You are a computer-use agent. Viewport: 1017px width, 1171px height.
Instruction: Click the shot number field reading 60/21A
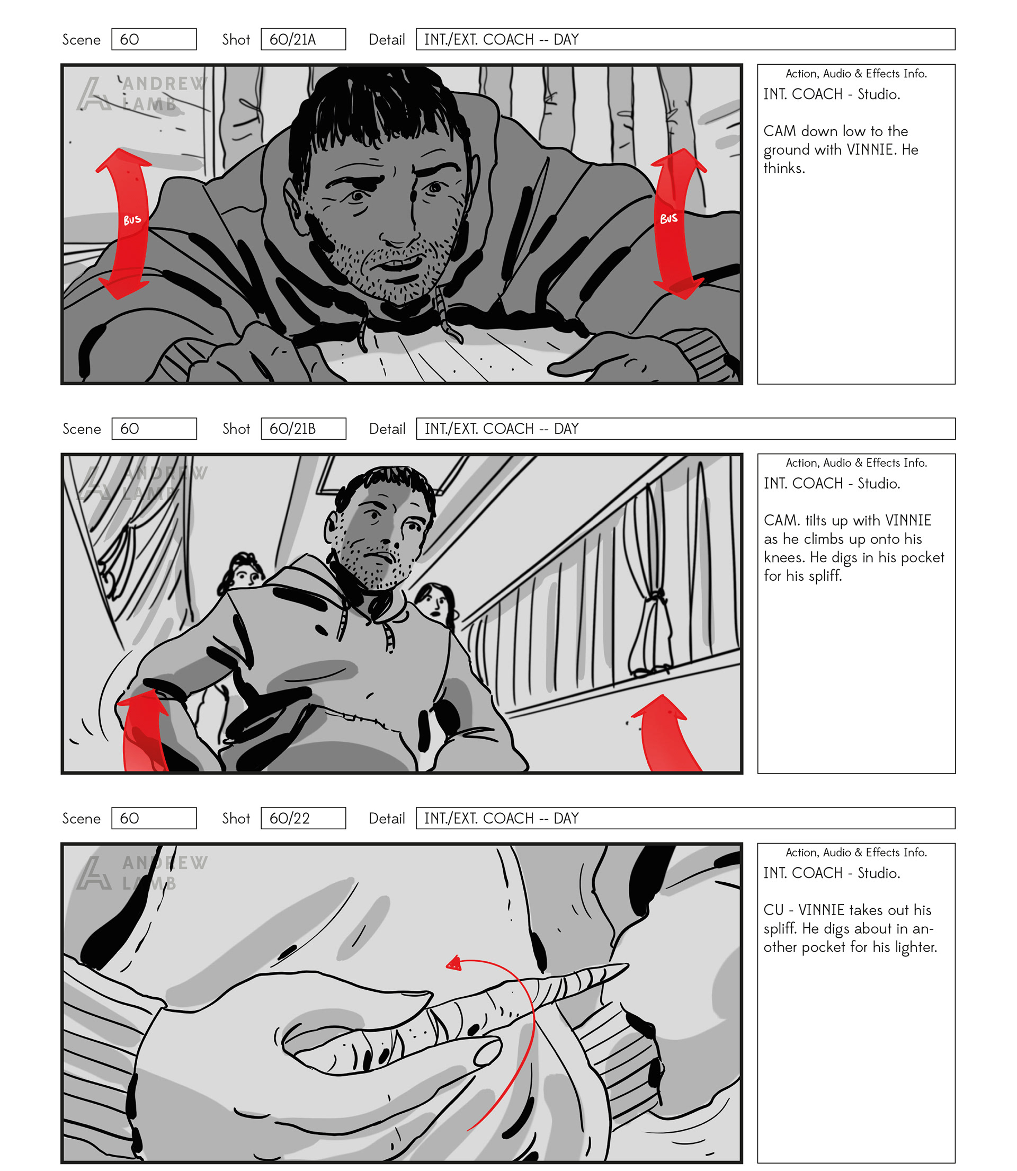(303, 39)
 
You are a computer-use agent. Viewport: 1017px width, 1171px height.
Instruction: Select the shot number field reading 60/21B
(303, 429)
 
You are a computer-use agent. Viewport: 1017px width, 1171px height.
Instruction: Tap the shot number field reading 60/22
(303, 818)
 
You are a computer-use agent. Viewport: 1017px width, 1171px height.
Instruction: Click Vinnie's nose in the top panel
(397, 224)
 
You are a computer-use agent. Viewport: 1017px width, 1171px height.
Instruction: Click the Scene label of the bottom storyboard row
(81, 819)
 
